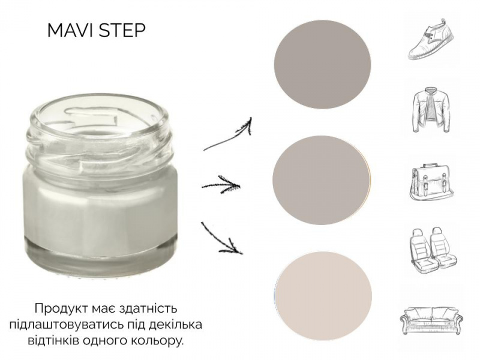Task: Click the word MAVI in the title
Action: coord(71,31)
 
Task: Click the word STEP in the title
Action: coord(122,31)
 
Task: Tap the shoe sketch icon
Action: coord(431,39)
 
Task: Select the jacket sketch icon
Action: coord(431,110)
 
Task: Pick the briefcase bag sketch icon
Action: coord(431,182)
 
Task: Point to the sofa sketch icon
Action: coord(431,320)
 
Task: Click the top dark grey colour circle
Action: coord(322,64)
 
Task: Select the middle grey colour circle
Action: coord(322,180)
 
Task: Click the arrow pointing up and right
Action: coord(228,134)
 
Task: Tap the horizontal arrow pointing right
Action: coord(221,185)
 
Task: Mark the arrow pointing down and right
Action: coord(221,239)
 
